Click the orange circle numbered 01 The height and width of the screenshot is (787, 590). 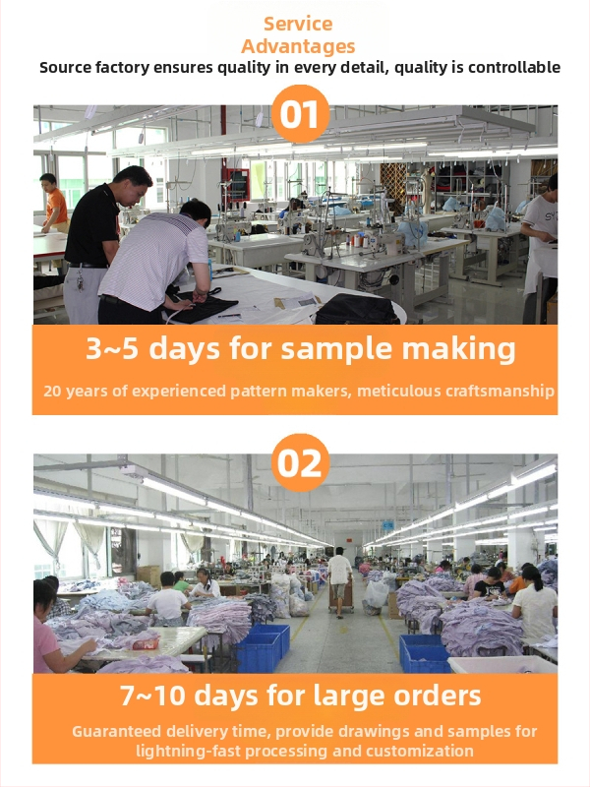(x=300, y=114)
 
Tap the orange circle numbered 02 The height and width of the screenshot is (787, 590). (x=300, y=462)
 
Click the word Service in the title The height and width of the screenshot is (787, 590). (x=298, y=24)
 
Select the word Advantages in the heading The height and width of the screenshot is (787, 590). (x=298, y=46)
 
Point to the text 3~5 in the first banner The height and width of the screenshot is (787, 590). (x=112, y=348)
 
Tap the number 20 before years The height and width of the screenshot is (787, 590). (x=52, y=391)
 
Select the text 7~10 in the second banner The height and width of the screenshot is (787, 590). (x=152, y=696)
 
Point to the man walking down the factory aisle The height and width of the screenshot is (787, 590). (x=339, y=581)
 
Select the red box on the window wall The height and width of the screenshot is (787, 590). (x=238, y=184)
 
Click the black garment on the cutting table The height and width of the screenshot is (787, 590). (x=203, y=307)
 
